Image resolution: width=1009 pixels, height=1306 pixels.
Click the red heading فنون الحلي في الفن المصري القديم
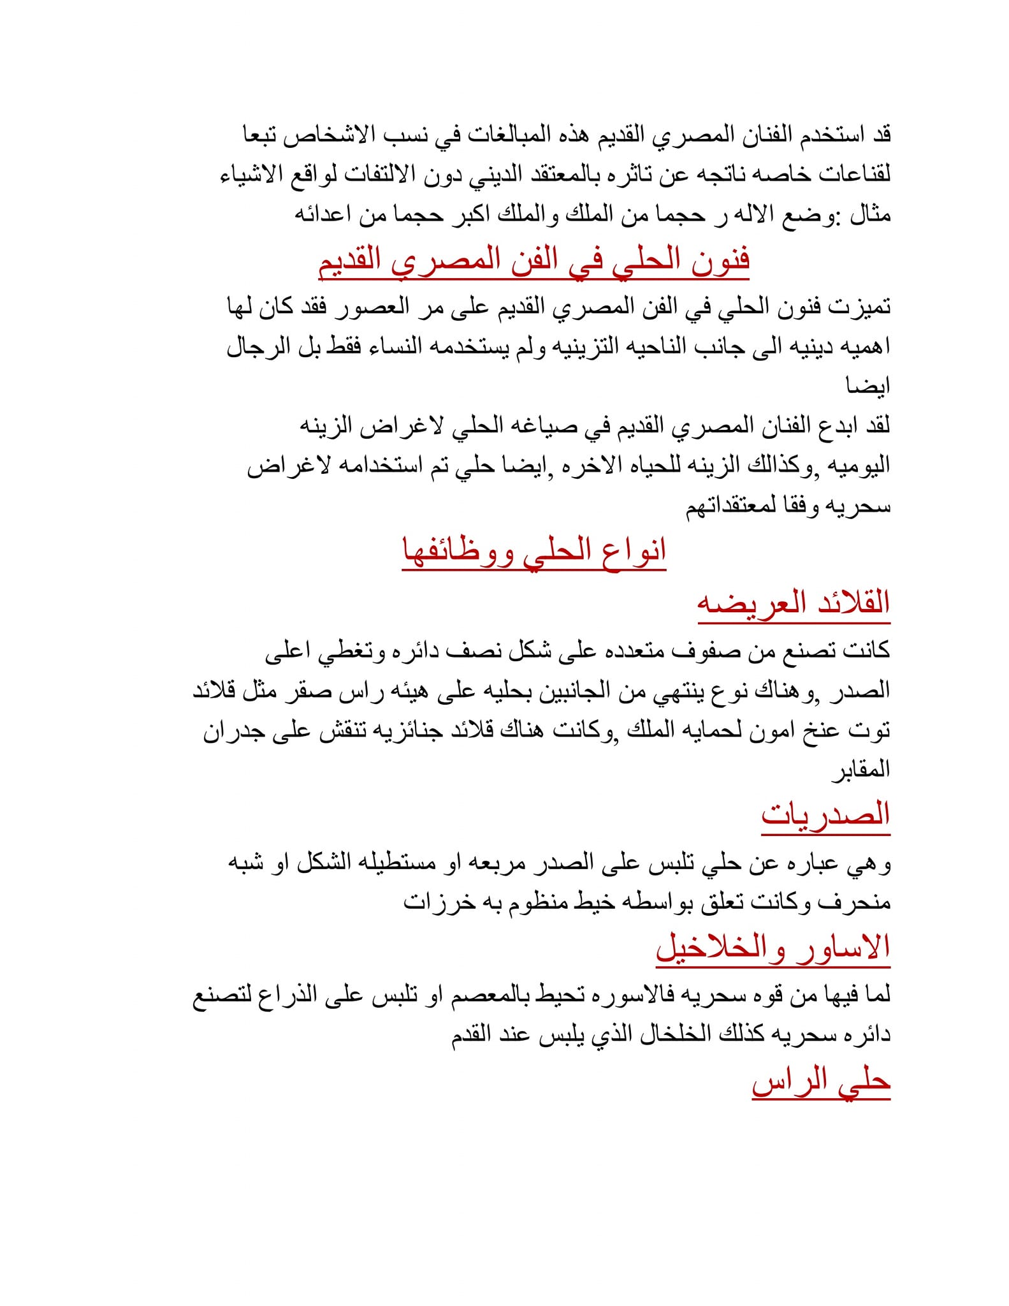(x=534, y=261)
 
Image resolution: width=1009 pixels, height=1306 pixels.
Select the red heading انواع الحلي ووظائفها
(x=534, y=550)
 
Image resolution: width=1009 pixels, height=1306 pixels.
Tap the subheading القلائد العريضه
(x=793, y=603)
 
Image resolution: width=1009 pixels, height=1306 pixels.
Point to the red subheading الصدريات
(x=825, y=814)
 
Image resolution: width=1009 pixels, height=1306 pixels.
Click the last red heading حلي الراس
(x=820, y=1081)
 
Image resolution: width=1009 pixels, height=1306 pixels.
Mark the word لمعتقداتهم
(x=730, y=507)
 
